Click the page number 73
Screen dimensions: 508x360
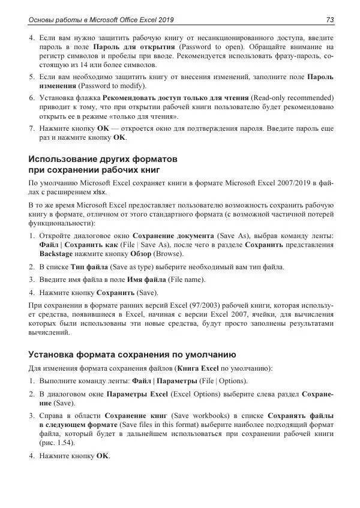click(329, 20)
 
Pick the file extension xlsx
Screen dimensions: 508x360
click(100, 193)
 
